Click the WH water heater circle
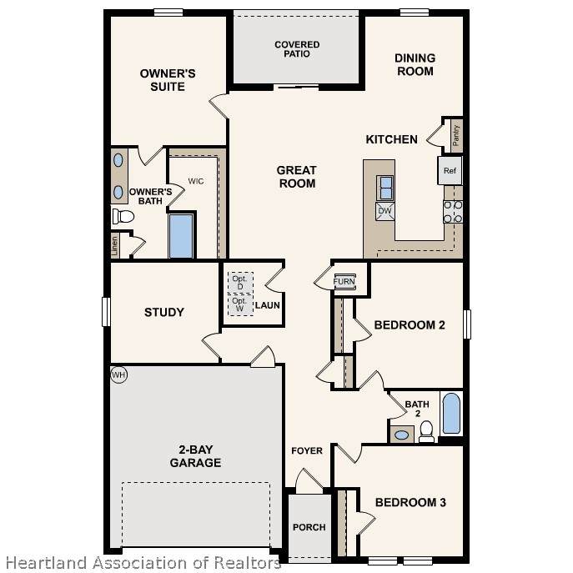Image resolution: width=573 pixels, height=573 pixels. coord(118,374)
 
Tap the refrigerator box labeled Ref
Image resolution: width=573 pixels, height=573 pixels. coord(450,170)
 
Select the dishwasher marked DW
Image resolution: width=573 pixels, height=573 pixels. coord(385,211)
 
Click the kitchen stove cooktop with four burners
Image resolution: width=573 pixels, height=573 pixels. coord(453,212)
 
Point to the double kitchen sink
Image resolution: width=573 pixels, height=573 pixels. coord(385,188)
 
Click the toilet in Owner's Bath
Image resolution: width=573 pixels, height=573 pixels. coord(123,216)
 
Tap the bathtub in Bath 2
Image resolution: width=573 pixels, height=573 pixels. coord(451,414)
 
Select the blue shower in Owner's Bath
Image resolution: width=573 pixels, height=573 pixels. coord(181,236)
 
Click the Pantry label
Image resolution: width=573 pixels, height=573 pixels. coord(455,136)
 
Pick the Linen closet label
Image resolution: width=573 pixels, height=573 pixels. coord(115,245)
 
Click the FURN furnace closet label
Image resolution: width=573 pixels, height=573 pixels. coord(344,281)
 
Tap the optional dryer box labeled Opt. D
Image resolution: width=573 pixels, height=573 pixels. coord(240,283)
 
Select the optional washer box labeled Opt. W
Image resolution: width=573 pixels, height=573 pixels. coord(240,304)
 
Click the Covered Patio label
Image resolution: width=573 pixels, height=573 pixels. coord(297,49)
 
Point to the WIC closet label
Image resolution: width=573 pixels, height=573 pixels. coord(196,181)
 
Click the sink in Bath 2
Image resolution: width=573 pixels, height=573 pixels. coord(402,435)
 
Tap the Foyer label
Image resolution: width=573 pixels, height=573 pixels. coord(307,451)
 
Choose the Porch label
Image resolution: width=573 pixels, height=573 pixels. coord(309,527)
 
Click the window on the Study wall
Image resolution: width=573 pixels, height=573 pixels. coord(106,312)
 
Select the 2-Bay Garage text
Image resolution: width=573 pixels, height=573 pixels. coord(195,456)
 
